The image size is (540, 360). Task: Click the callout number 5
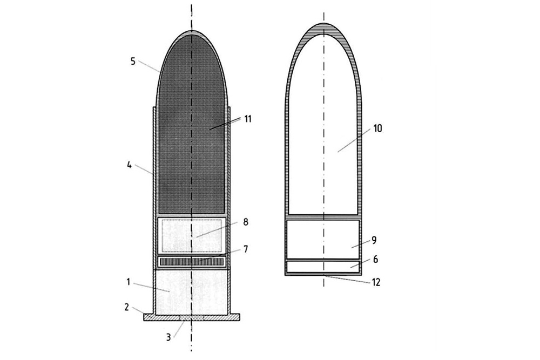[x=133, y=60]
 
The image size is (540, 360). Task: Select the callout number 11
[x=248, y=118]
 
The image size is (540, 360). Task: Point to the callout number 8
[x=245, y=221]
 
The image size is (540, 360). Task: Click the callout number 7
[x=245, y=249]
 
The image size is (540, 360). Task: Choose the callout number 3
[x=168, y=337]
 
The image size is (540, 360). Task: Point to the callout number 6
[x=375, y=259]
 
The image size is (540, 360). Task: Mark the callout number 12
[x=376, y=282]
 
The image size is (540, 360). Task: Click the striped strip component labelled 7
[x=192, y=262]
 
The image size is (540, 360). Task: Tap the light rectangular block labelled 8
[x=192, y=235]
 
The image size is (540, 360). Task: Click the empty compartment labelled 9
[x=323, y=237]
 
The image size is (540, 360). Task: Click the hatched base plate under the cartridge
[x=192, y=317]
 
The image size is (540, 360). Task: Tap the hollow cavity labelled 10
[x=323, y=135]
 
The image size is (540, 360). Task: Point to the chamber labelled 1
[x=192, y=291]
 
